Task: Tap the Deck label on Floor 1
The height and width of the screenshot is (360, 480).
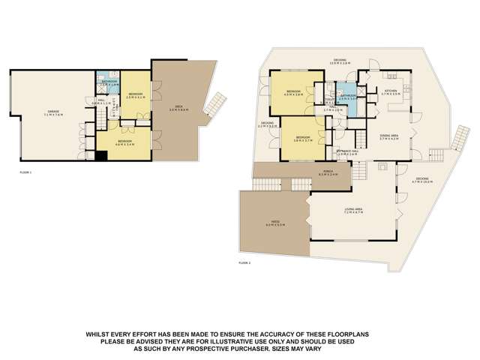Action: pyautogui.click(x=179, y=108)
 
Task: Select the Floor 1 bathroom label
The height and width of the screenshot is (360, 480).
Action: pyautogui.click(x=110, y=84)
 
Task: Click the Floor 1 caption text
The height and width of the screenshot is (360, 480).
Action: pyautogui.click(x=25, y=172)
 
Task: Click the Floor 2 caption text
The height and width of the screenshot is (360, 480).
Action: pyautogui.click(x=244, y=263)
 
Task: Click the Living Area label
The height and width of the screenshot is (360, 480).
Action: pyautogui.click(x=353, y=211)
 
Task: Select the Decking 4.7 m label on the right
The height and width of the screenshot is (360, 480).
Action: pyautogui.click(x=424, y=180)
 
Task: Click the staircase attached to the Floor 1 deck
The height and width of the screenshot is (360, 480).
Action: pyautogui.click(x=216, y=103)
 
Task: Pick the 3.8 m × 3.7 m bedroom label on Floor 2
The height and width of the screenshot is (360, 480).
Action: pyautogui.click(x=303, y=139)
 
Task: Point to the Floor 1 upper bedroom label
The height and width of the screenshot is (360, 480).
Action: pyautogui.click(x=135, y=95)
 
